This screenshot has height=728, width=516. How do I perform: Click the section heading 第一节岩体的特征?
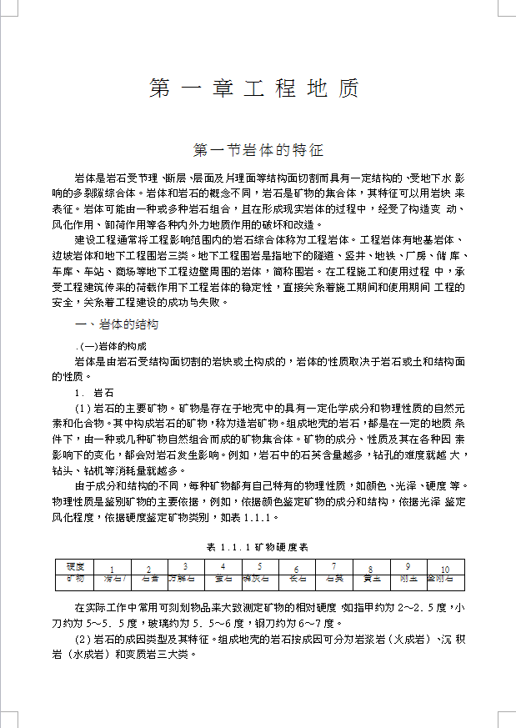click(x=258, y=151)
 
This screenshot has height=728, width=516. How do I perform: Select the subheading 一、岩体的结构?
click(x=117, y=324)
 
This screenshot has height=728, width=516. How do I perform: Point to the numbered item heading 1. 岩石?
click(x=94, y=391)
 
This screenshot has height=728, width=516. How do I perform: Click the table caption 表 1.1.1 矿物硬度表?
click(x=258, y=547)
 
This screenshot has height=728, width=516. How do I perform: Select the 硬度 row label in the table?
click(x=75, y=567)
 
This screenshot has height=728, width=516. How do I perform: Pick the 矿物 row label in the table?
click(x=75, y=578)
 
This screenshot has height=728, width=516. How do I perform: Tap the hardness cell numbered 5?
click(x=259, y=567)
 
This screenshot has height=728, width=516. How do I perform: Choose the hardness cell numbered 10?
click(x=445, y=570)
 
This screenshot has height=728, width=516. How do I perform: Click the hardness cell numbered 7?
click(x=333, y=567)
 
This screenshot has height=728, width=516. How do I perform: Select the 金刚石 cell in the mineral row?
click(x=440, y=578)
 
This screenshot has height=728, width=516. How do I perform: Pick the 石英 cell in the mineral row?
click(x=333, y=578)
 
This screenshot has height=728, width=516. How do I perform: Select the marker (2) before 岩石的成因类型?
click(x=83, y=639)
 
